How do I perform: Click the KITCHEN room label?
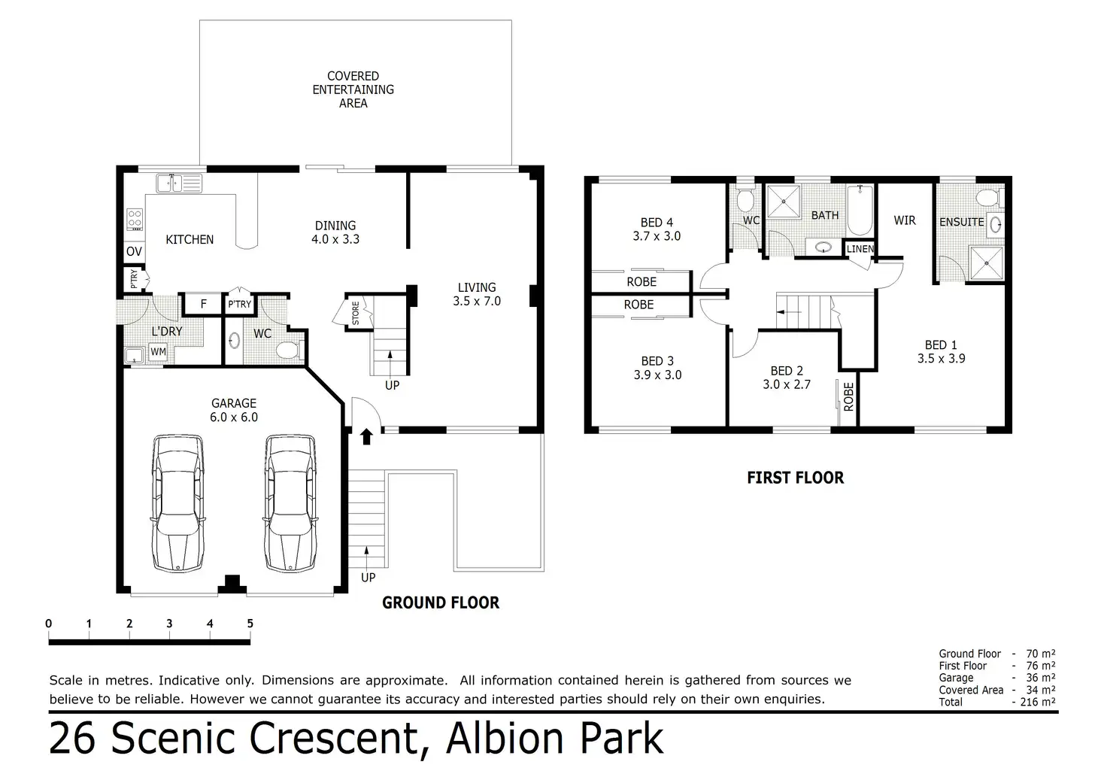[x=190, y=239]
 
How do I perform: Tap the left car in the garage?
[x=177, y=502]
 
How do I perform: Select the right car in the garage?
[x=290, y=502]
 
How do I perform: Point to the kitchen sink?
[x=179, y=183]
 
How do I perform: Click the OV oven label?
[x=134, y=252]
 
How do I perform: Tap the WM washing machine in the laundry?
[x=158, y=352]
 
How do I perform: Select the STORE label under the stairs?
[x=356, y=314]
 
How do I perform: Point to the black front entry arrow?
[x=367, y=436]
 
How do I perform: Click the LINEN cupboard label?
[x=860, y=249]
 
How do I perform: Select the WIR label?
[x=905, y=220]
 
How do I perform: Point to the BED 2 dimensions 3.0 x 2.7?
[x=787, y=384]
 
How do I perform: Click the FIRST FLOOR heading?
[x=795, y=478]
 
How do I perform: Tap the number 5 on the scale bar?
[x=250, y=624]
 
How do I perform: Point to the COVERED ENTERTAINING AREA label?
[x=353, y=90]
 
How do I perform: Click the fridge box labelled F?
[x=204, y=304]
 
